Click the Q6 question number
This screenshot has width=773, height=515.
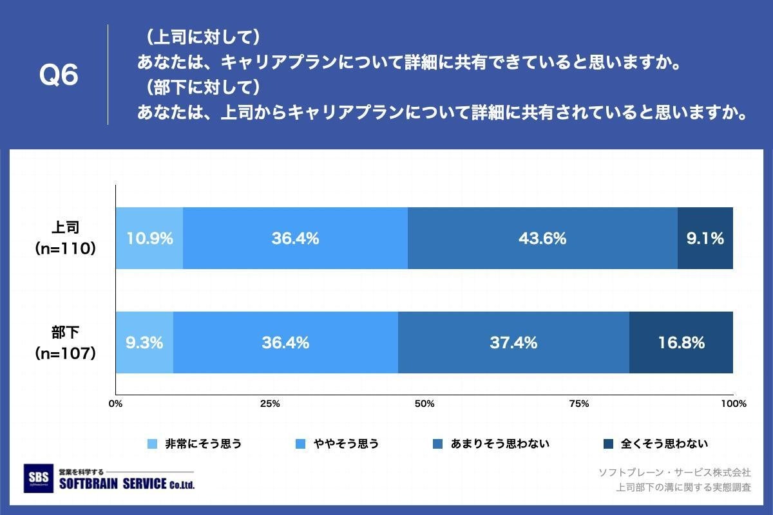(59, 75)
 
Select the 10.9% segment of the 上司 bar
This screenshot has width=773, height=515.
(149, 238)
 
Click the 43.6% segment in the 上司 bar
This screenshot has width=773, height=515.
(542, 238)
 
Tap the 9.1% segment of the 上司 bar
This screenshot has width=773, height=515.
(705, 238)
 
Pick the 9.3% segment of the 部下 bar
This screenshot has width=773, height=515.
(144, 342)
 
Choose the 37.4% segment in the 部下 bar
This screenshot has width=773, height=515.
(513, 342)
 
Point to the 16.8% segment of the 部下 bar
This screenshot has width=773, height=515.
(681, 342)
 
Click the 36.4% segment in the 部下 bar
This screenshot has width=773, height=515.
(285, 342)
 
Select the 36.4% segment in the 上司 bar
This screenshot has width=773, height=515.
(295, 238)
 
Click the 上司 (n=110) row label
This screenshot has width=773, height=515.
(65, 238)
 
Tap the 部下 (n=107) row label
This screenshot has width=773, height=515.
(65, 342)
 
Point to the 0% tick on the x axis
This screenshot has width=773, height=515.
(115, 404)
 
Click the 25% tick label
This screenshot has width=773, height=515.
(269, 404)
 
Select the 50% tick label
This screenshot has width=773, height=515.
(425, 404)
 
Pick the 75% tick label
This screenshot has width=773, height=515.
(579, 404)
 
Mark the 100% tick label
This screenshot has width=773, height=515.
(733, 404)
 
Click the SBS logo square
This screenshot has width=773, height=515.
(38, 478)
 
